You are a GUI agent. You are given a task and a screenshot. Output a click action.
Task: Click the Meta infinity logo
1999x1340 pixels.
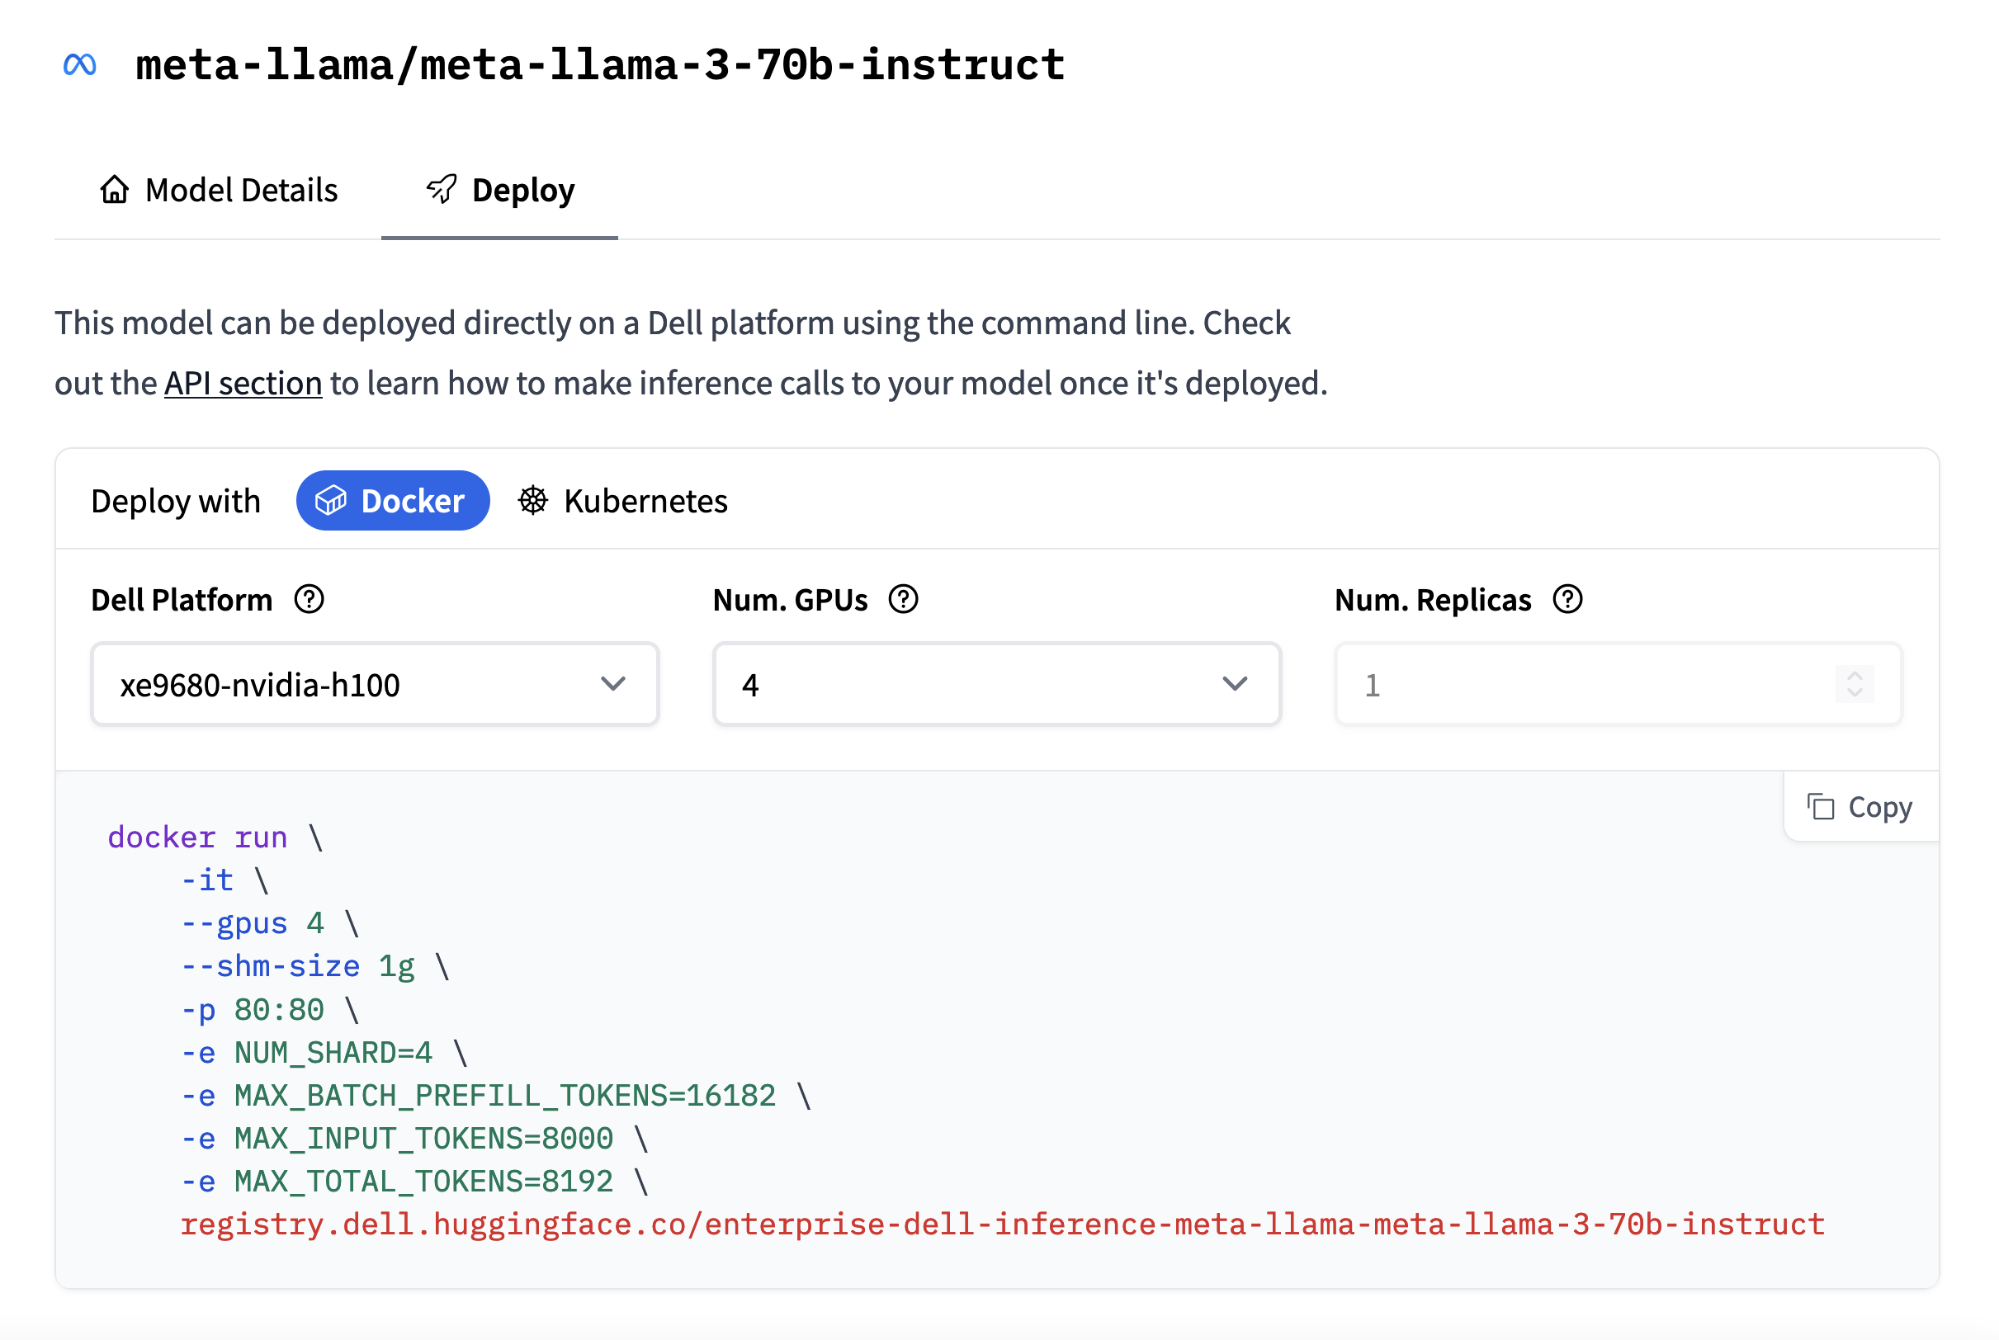pyautogui.click(x=79, y=64)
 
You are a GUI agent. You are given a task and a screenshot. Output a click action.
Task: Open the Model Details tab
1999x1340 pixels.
pyautogui.click(x=219, y=190)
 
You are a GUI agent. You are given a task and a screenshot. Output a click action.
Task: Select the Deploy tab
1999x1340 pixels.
pyautogui.click(x=500, y=190)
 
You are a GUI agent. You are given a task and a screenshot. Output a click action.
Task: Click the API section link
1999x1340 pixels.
pyautogui.click(x=243, y=383)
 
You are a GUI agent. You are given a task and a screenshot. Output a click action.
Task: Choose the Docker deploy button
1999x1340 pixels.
pyautogui.click(x=393, y=501)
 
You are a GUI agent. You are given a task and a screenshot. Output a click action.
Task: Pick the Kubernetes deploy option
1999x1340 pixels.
pyautogui.click(x=623, y=501)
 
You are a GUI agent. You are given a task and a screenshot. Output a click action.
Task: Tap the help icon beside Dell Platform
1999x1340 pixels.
pyautogui.click(x=310, y=599)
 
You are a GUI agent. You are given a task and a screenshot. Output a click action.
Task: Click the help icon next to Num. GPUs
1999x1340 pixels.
pyautogui.click(x=904, y=599)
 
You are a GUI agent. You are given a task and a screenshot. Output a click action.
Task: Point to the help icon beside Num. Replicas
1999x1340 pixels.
pyautogui.click(x=1568, y=599)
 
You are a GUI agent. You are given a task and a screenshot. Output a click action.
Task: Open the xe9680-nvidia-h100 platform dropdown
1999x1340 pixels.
pyautogui.click(x=376, y=684)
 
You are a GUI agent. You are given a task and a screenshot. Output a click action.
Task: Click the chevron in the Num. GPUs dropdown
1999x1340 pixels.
pyautogui.click(x=1235, y=684)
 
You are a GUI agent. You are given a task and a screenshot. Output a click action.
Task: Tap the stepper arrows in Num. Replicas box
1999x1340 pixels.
pyautogui.click(x=1855, y=684)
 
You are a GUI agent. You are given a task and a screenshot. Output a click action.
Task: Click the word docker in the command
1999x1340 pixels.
pyautogui.click(x=162, y=837)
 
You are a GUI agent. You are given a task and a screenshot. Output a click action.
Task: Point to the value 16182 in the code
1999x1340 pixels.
pyautogui.click(x=730, y=1096)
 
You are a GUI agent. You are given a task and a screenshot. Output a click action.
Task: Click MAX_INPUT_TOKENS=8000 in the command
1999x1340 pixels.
pyautogui.click(x=424, y=1139)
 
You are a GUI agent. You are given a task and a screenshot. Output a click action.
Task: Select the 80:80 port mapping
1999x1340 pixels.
pyautogui.click(x=280, y=1010)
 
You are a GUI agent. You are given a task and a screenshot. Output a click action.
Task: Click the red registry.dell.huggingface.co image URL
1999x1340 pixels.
pyautogui.click(x=1003, y=1224)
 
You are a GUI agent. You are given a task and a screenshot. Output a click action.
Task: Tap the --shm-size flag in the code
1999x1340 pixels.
pyautogui.click(x=271, y=966)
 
